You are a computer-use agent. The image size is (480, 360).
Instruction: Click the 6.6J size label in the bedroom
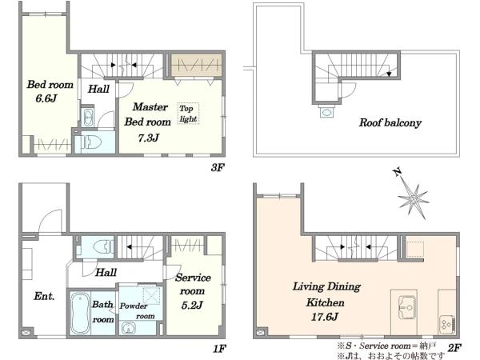46,98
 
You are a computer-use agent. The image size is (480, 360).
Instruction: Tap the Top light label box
188,114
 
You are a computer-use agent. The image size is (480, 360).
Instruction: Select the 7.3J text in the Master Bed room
149,138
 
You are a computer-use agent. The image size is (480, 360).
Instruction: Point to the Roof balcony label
390,122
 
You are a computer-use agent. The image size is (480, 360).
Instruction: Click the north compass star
413,199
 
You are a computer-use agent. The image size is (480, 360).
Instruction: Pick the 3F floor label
218,167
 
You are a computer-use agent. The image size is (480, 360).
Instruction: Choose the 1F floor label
219,349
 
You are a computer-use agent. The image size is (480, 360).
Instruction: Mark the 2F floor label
454,348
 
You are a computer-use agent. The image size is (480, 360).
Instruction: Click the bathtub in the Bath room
80,313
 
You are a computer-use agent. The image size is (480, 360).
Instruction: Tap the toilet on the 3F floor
89,142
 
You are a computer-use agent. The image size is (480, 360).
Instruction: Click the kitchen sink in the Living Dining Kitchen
407,307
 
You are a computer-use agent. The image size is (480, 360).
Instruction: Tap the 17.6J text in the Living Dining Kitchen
325,317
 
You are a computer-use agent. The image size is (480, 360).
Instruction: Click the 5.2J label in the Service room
192,306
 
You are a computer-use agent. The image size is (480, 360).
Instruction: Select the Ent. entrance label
44,296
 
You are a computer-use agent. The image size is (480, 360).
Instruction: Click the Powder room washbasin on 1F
128,328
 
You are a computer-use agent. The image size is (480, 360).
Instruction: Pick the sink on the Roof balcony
327,112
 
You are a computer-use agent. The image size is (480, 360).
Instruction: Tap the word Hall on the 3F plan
98,89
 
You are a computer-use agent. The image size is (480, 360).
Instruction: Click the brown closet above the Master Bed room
196,65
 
